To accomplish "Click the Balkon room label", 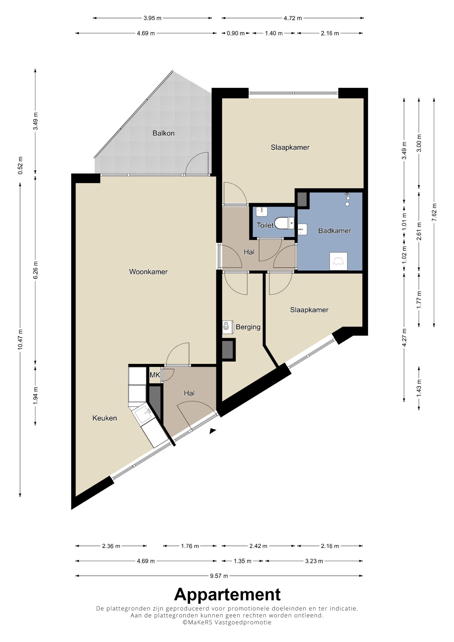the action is click(x=163, y=133).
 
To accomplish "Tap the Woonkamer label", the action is click(x=148, y=272).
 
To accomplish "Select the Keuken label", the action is click(x=105, y=418).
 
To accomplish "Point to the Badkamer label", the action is click(x=335, y=231).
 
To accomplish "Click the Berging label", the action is click(x=248, y=327).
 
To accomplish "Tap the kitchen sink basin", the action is click(x=143, y=415).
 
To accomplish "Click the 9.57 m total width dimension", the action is click(x=219, y=576).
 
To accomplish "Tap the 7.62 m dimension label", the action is click(x=434, y=212).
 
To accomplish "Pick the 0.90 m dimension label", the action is click(x=236, y=33).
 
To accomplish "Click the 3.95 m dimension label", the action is click(x=153, y=18).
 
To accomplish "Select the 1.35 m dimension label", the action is click(x=242, y=561).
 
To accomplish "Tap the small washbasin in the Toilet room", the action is click(x=262, y=212).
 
